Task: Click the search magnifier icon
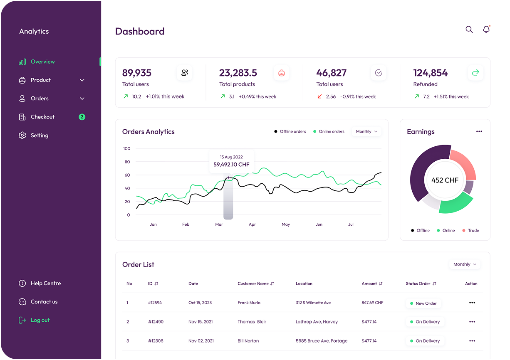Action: coord(469,30)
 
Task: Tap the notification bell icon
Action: coord(486,30)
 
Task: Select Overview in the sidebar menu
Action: coord(42,62)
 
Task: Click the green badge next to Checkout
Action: coord(82,117)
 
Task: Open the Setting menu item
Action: coord(39,136)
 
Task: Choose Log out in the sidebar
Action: coord(40,320)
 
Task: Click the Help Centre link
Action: coord(45,284)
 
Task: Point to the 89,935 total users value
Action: coord(136,73)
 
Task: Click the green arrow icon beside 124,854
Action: coord(475,73)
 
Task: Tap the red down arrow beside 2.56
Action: coord(319,96)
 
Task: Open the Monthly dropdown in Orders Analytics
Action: coord(366,131)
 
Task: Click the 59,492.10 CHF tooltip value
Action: coord(231,165)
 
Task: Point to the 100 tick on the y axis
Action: coord(127,148)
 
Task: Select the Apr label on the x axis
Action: coord(252,224)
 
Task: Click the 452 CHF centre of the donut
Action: coord(445,180)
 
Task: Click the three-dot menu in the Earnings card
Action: coord(479,131)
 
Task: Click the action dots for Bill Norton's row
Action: coord(472,341)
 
